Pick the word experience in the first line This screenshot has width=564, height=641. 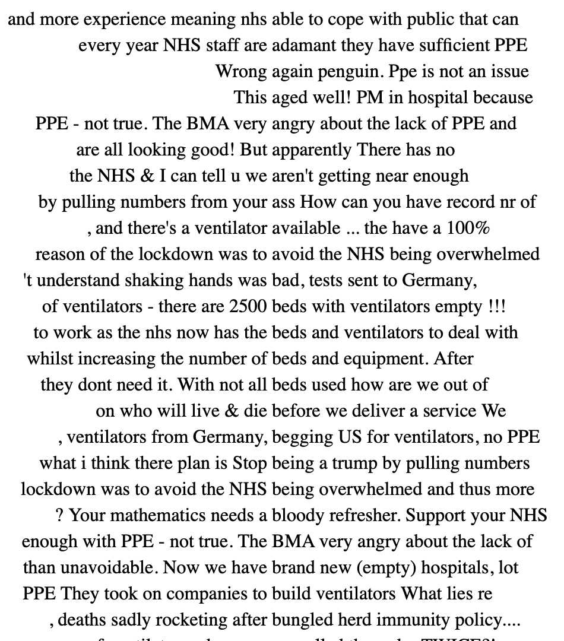click(125, 20)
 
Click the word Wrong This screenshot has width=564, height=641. click(241, 72)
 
